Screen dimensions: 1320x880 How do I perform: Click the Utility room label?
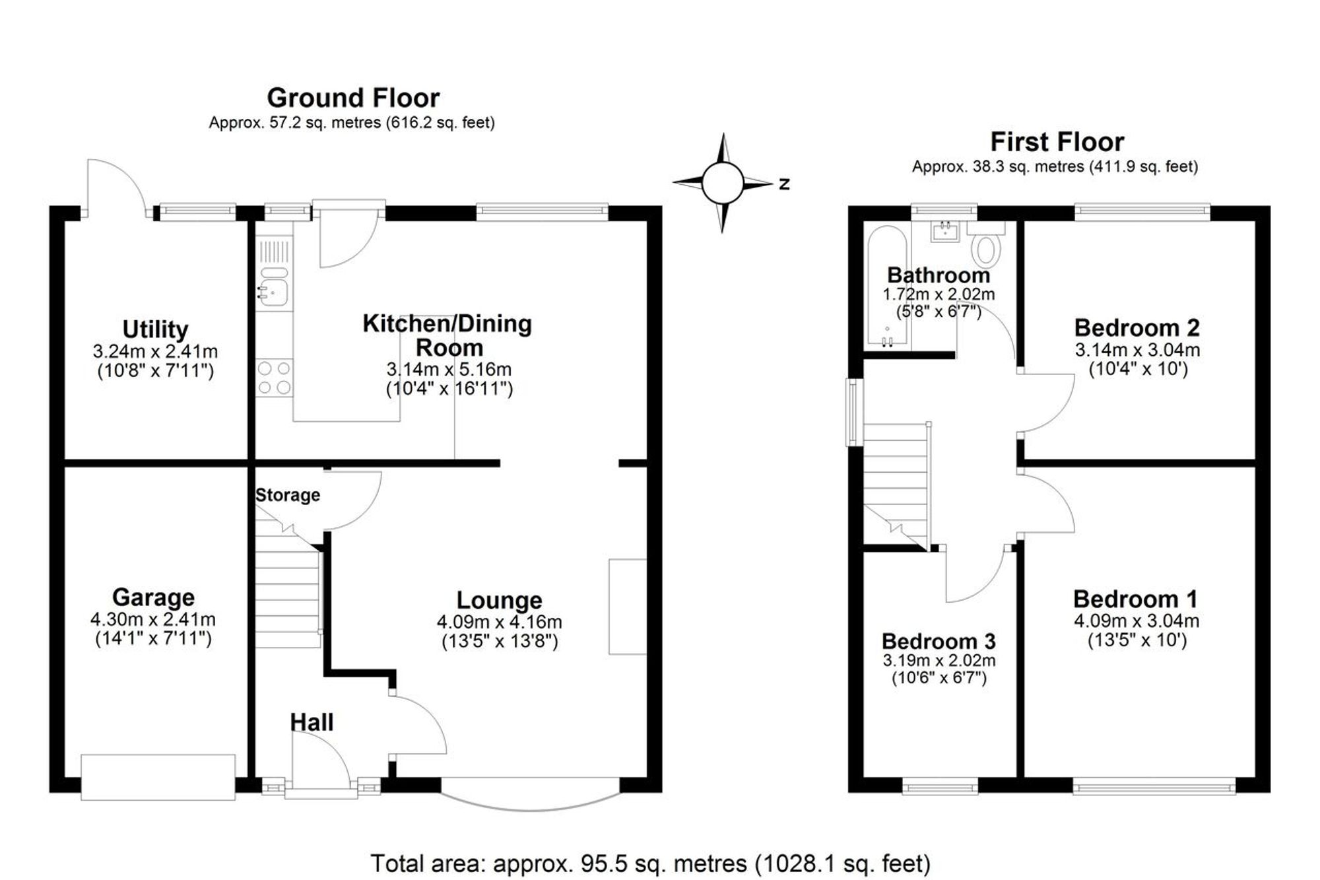(155, 329)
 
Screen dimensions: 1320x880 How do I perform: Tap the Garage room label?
(153, 597)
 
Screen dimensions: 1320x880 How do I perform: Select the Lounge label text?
(500, 600)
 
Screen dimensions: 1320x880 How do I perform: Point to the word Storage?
(288, 495)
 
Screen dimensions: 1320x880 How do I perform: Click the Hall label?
(312, 722)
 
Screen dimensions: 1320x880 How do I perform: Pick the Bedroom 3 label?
(939, 641)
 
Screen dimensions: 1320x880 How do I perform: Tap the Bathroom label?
(939, 275)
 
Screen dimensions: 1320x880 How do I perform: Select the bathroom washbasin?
(946, 232)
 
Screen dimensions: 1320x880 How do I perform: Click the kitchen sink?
(273, 292)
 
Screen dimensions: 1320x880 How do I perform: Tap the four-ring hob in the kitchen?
(275, 378)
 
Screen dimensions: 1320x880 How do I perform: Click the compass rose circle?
(723, 183)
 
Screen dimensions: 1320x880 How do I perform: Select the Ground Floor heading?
(353, 98)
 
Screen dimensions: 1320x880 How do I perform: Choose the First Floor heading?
(1057, 142)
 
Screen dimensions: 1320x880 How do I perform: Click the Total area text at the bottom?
(650, 863)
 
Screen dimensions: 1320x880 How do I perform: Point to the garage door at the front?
(158, 777)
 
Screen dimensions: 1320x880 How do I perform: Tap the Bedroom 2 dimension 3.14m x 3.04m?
(1137, 350)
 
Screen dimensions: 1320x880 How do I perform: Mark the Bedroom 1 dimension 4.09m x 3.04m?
(1137, 621)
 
